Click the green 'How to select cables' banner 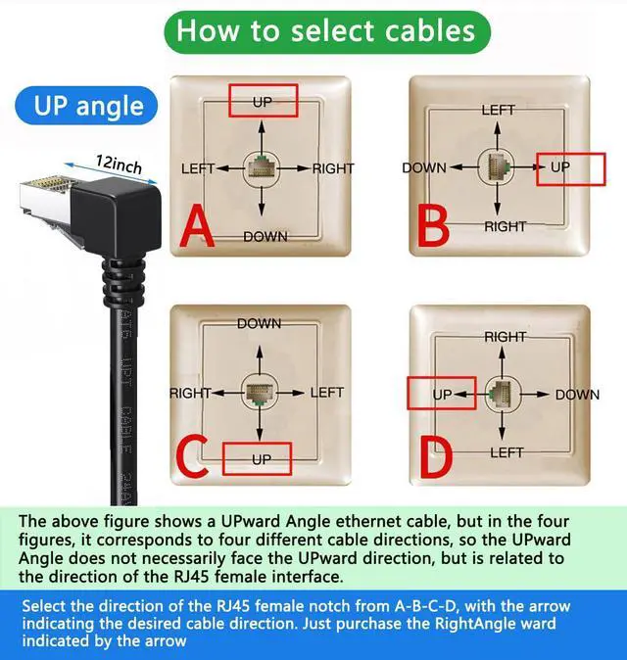click(x=326, y=31)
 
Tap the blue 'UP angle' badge click(x=88, y=105)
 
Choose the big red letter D click(x=436, y=456)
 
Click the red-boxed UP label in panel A click(x=263, y=101)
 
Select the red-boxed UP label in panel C click(x=260, y=458)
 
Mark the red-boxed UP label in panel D click(x=441, y=394)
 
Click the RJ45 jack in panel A click(x=262, y=167)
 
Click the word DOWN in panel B click(x=424, y=167)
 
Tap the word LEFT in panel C click(x=327, y=393)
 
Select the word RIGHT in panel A click(x=333, y=168)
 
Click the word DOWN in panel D click(x=577, y=395)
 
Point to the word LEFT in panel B click(x=498, y=110)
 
